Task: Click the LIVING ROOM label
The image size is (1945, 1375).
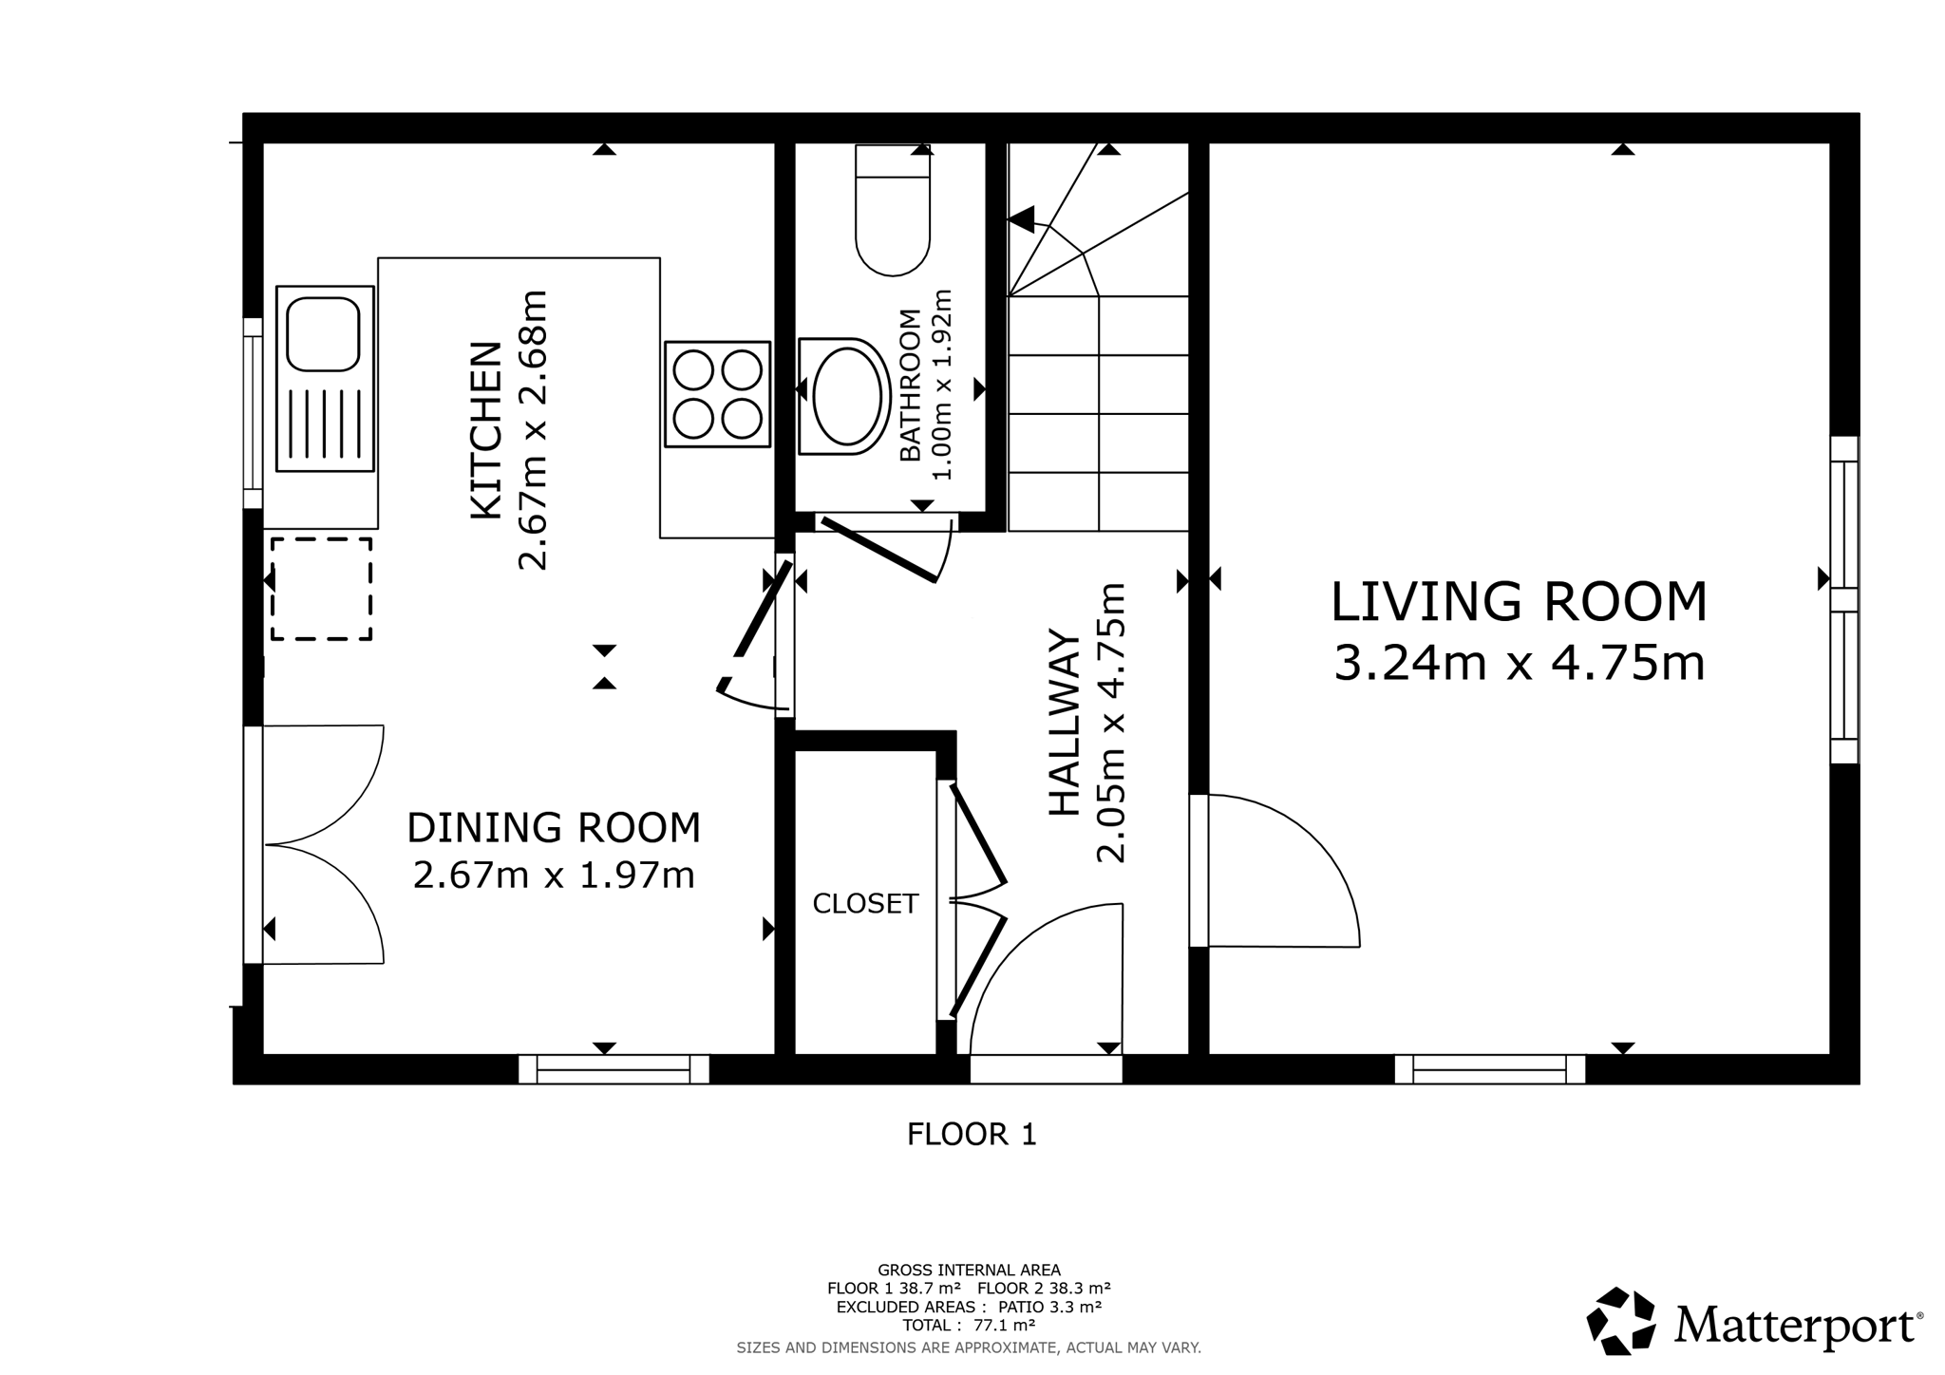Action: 1519,601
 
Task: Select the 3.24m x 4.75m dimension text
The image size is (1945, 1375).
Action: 1520,663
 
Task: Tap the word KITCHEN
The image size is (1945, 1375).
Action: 486,430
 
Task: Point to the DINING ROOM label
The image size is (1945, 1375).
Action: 554,827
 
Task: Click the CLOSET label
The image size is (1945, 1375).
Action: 865,903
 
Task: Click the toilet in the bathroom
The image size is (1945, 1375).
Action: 893,210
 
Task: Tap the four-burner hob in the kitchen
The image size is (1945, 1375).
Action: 717,394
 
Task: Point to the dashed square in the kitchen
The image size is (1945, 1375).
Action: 321,589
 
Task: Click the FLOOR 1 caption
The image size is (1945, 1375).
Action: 972,1134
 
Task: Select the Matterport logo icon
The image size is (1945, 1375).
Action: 1621,1321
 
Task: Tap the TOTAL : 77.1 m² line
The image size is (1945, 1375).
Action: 969,1326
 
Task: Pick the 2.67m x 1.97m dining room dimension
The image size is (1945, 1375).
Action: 554,875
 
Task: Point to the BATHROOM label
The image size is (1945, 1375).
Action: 910,386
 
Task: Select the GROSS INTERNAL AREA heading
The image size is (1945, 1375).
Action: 969,1270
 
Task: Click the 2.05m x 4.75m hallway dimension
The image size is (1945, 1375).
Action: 1111,723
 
